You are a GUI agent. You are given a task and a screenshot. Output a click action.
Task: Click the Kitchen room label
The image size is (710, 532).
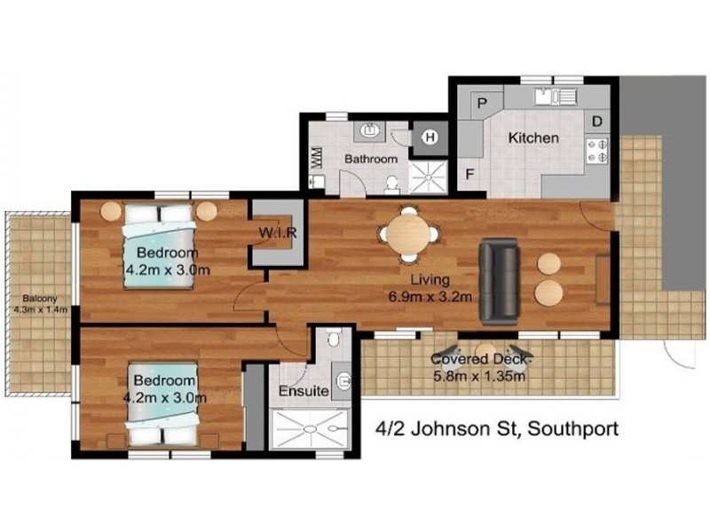[532, 138]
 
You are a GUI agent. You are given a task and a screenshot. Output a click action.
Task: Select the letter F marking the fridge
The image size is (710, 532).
[470, 174]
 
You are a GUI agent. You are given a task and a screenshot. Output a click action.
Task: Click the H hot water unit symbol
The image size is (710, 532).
[430, 137]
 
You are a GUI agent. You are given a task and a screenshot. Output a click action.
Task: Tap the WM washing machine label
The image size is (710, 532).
[315, 156]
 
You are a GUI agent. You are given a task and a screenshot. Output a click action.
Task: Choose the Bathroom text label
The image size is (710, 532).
[371, 160]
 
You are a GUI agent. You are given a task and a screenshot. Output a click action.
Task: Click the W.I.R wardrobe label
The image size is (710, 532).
[277, 233]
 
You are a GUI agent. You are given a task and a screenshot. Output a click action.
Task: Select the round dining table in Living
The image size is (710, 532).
[408, 235]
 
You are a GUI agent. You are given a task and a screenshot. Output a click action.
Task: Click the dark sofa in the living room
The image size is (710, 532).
[499, 281]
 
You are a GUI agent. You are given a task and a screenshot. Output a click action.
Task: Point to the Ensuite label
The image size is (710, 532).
[304, 391]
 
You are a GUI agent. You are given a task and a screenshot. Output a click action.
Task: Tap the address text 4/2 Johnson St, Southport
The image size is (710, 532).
[491, 432]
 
